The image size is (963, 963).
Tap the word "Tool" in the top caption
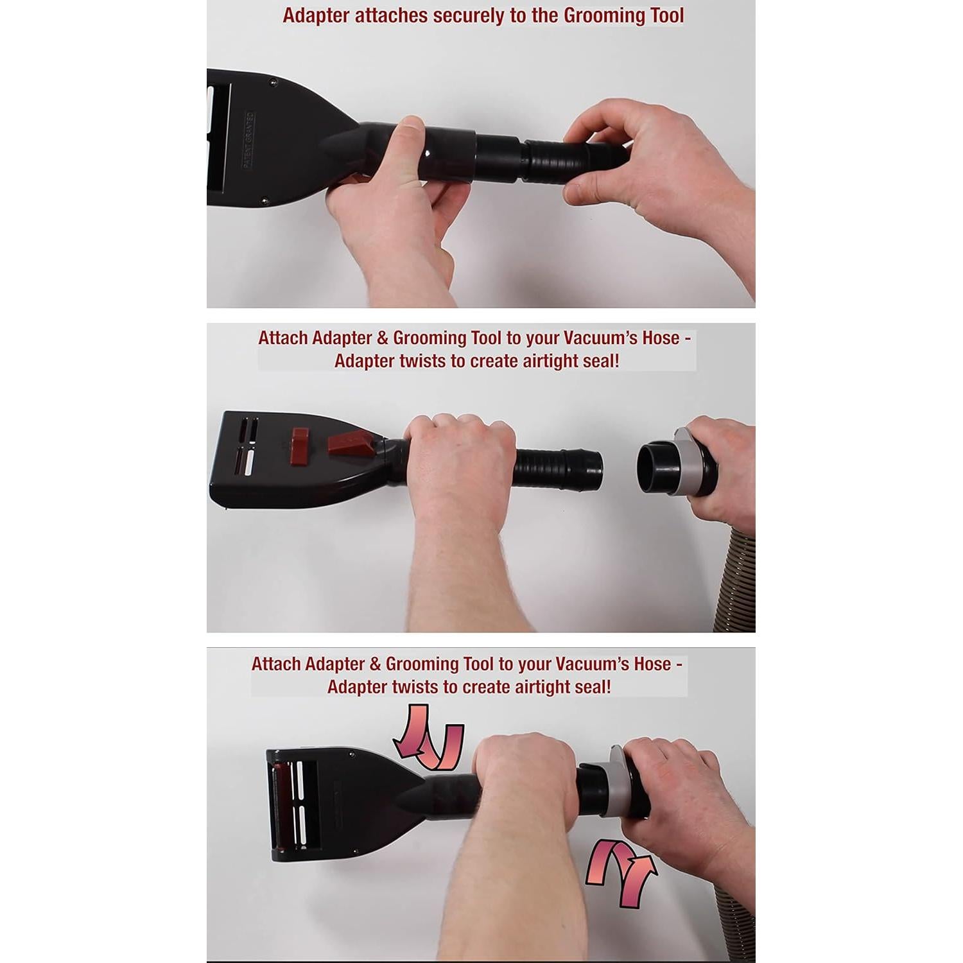click(x=666, y=15)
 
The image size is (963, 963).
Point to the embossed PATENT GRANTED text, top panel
click(x=249, y=140)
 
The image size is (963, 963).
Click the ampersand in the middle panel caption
click(x=382, y=338)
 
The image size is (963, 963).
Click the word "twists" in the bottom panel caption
click(x=415, y=687)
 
